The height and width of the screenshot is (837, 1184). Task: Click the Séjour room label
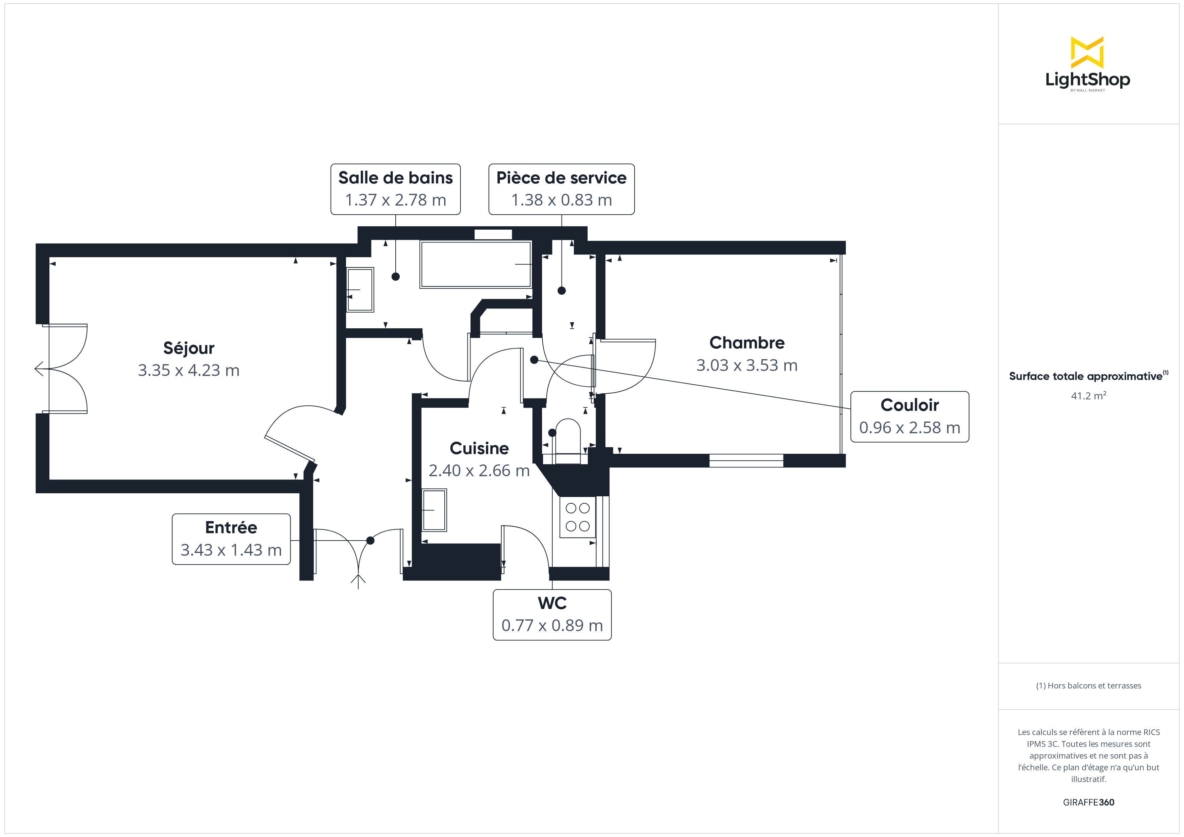click(188, 348)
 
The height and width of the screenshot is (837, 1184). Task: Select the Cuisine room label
click(479, 448)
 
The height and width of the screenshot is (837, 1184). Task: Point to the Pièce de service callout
click(561, 189)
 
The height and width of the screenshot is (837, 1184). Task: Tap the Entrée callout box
click(231, 539)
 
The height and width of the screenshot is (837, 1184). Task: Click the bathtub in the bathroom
click(476, 264)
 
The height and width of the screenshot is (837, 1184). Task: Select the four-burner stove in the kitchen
click(578, 517)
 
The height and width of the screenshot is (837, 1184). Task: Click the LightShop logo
click(1088, 64)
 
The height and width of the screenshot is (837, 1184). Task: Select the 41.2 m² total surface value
click(1088, 396)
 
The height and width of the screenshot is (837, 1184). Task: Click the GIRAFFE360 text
click(1088, 802)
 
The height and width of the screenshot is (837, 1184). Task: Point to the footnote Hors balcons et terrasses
click(1088, 685)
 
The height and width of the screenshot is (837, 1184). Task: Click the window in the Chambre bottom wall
click(746, 461)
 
